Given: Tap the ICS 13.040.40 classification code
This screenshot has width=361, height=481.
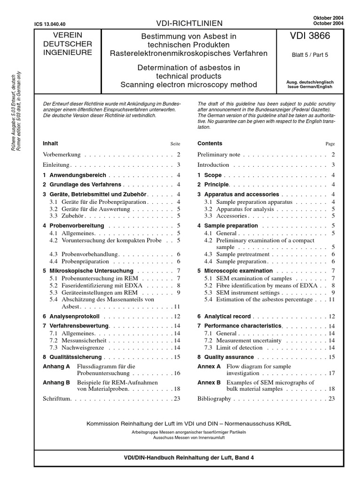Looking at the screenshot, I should point(50,23).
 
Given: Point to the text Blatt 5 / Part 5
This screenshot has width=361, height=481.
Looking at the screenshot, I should point(310,54).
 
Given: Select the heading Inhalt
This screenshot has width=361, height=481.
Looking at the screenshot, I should point(50,143).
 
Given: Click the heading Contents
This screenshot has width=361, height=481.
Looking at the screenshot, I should point(210,143).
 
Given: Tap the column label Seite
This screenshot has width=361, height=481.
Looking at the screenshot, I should point(175,144).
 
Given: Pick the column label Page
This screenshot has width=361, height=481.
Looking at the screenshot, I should point(330,144).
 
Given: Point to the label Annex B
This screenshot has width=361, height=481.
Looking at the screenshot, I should point(209,382).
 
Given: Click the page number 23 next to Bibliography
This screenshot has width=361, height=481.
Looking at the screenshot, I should point(331,399).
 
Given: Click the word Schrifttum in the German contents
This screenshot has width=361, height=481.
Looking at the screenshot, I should point(58,399).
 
